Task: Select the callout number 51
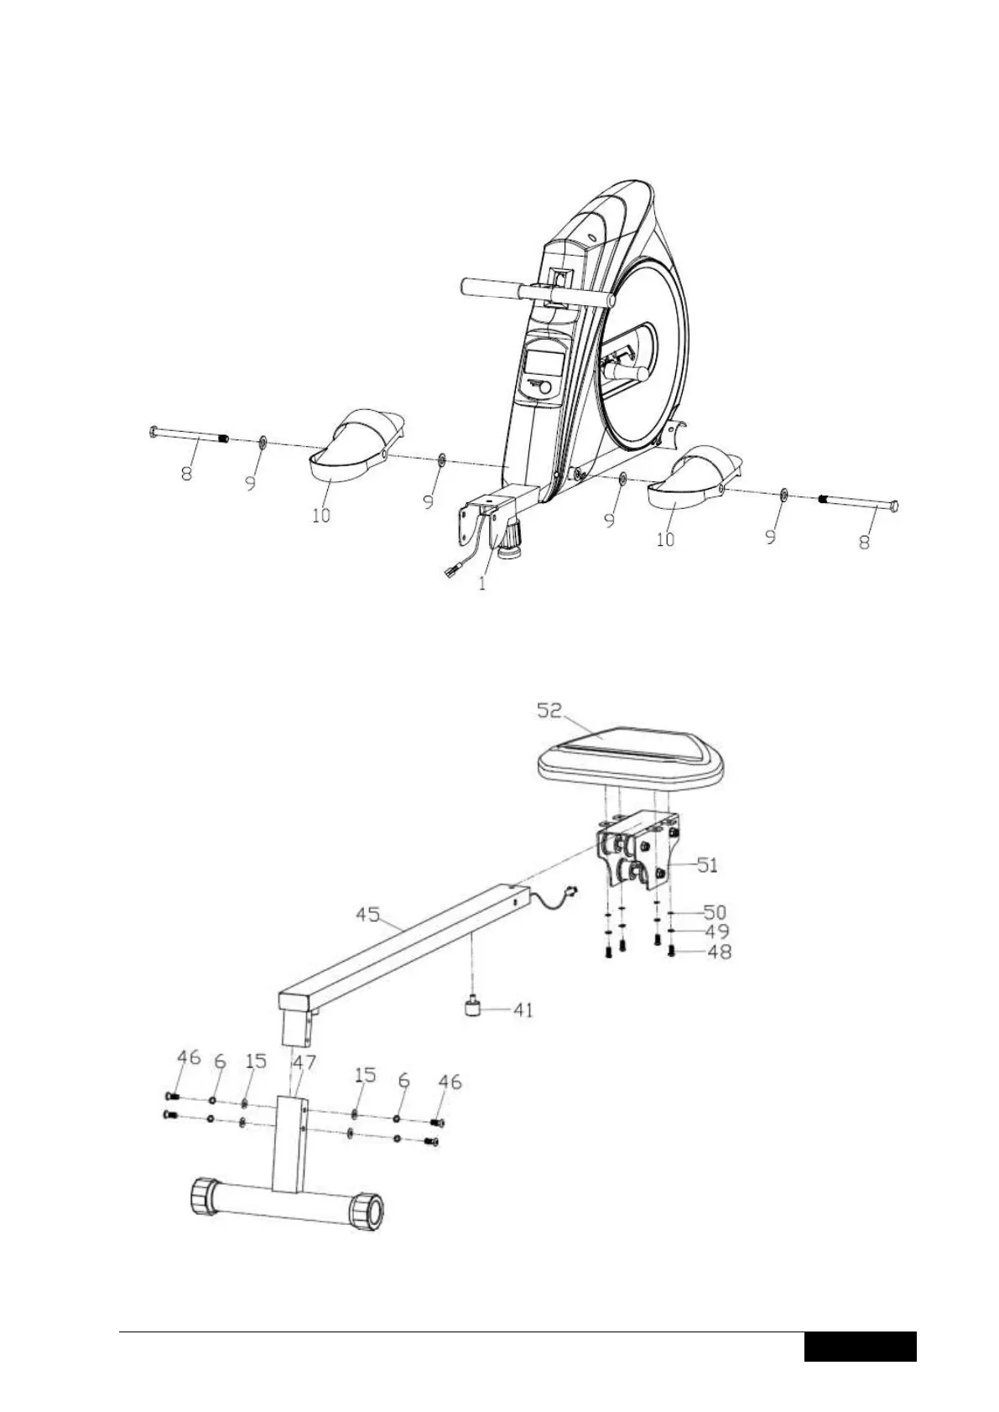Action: [707, 864]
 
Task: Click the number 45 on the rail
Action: [368, 914]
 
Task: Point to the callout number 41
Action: [523, 1010]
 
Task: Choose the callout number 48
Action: [720, 952]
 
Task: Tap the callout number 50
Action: [715, 911]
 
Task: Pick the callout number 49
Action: [717, 932]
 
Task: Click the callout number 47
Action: [304, 1062]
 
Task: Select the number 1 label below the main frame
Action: [482, 584]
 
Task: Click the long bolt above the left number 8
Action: [189, 434]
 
